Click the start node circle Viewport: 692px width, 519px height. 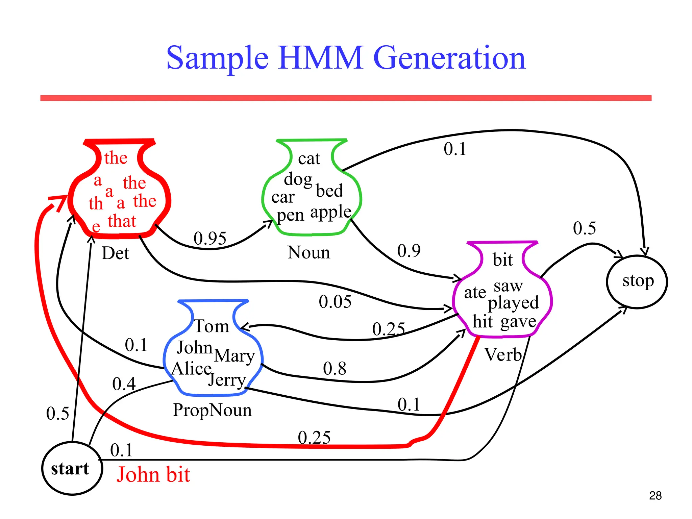(72, 468)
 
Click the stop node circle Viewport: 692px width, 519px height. (637, 281)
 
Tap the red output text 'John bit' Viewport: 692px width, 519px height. (153, 474)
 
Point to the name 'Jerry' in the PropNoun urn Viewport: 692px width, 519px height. (227, 380)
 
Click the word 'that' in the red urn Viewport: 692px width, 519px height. (122, 221)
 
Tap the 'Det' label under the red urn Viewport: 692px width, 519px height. (115, 253)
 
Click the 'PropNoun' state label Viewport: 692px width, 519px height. (212, 410)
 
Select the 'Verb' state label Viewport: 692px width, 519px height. (503, 355)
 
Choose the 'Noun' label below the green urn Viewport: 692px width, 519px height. (308, 252)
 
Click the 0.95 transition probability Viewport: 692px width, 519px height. (210, 238)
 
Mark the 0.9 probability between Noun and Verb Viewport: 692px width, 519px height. (409, 251)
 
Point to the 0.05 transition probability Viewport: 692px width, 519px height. (335, 301)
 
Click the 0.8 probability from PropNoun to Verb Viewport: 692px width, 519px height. (335, 368)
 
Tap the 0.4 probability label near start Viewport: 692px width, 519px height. (124, 384)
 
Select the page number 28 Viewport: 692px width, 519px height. (655, 496)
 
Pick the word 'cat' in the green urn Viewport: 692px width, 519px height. (309, 158)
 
